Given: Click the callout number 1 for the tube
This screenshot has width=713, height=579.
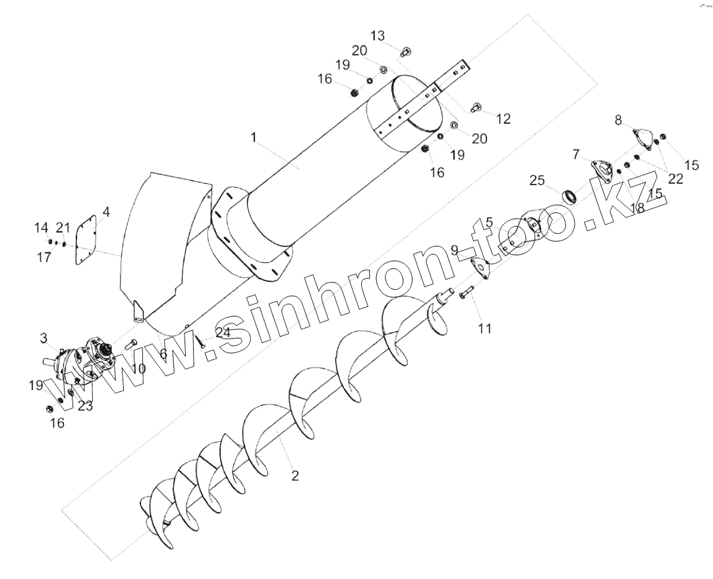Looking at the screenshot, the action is point(254,136).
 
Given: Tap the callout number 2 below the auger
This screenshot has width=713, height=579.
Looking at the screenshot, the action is point(295,476).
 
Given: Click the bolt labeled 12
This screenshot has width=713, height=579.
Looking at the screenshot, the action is point(474,108).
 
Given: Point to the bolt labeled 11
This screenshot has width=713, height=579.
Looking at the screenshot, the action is point(466,292).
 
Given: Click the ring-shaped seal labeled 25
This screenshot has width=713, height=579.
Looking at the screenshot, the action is point(569,196).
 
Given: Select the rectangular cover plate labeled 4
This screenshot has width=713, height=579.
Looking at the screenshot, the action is point(86,240).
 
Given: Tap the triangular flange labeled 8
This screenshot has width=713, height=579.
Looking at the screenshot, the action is point(642,138).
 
